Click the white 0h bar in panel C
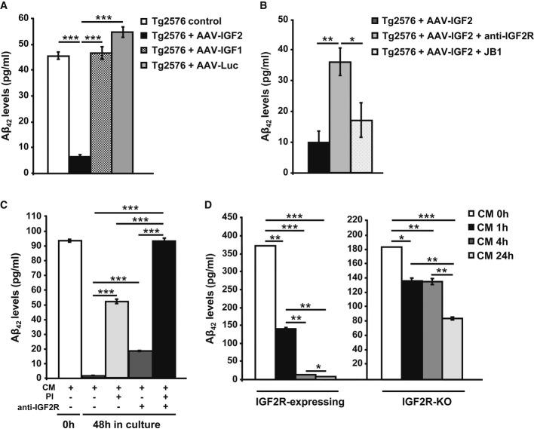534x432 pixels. coord(69,309)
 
